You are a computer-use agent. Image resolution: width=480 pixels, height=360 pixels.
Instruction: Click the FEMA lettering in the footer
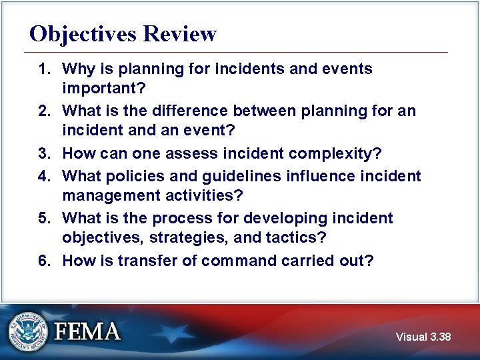(x=87, y=331)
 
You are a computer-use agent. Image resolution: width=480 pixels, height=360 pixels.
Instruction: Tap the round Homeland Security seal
(x=28, y=331)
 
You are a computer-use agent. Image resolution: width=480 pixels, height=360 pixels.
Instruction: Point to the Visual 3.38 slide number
(x=423, y=337)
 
